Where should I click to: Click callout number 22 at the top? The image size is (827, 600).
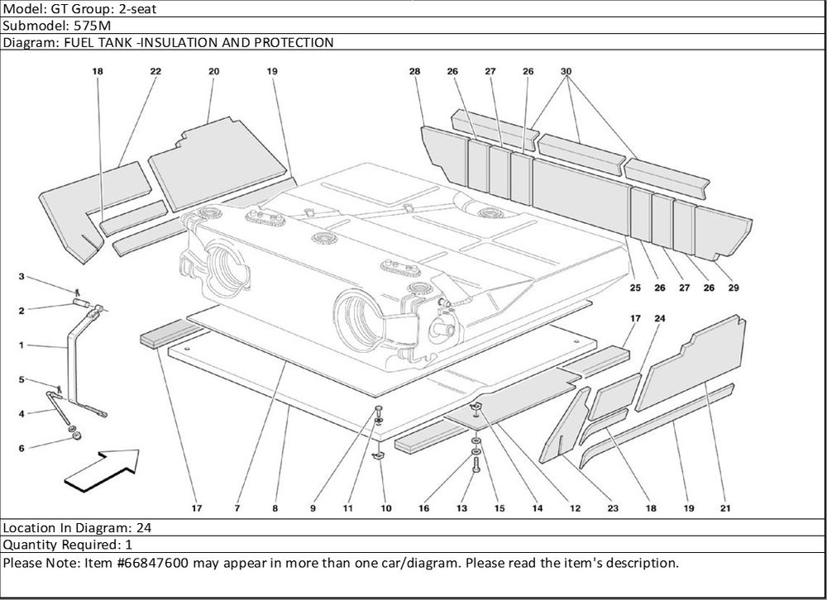pos(155,72)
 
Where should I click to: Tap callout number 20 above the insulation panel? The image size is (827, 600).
pos(213,72)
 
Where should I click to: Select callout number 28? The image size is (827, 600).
pos(414,72)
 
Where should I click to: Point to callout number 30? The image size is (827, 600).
pos(566,72)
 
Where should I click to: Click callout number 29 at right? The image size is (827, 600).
pos(734,288)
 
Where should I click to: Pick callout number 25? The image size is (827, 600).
pos(634,288)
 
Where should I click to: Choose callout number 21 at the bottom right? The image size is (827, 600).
pos(724,508)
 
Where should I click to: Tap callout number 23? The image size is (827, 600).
pos(613,508)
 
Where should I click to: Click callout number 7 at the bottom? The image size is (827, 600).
pos(237,509)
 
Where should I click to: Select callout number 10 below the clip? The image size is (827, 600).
pos(386,509)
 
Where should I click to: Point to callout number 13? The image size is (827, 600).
pos(462,509)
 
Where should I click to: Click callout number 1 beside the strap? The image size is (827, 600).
pos(22,345)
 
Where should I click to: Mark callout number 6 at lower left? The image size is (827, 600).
pos(22,449)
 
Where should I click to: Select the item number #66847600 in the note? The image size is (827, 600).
pos(155,563)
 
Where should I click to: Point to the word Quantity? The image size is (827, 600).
pos(31,545)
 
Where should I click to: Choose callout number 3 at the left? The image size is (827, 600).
pos(22,276)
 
